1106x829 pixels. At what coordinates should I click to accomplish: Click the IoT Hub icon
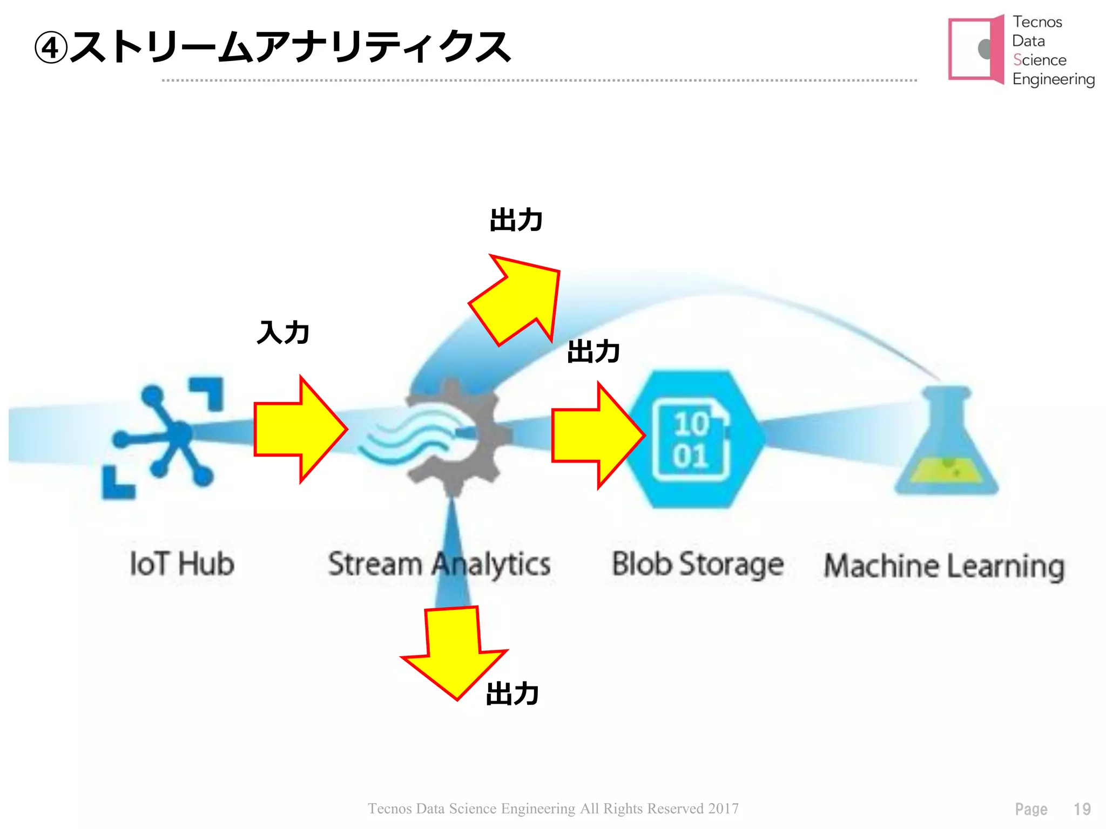[162, 437]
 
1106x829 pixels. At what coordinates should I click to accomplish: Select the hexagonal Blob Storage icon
[693, 438]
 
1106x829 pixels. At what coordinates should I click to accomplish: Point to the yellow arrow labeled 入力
[300, 429]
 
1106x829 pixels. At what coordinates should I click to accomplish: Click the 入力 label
[283, 332]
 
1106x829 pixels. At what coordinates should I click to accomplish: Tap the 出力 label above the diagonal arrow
[516, 220]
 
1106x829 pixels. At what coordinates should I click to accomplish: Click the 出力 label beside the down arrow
[512, 694]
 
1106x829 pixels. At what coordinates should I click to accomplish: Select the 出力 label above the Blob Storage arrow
[593, 351]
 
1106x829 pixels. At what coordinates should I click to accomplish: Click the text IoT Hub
[182, 564]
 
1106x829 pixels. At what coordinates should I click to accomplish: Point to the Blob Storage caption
[697, 565]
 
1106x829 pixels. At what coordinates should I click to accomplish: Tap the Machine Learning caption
[944, 566]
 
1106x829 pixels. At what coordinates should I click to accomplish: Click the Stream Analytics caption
[439, 565]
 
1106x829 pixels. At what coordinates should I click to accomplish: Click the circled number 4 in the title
[50, 48]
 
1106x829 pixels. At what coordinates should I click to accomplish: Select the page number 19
[1082, 809]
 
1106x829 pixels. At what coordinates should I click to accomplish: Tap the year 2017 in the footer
[724, 808]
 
